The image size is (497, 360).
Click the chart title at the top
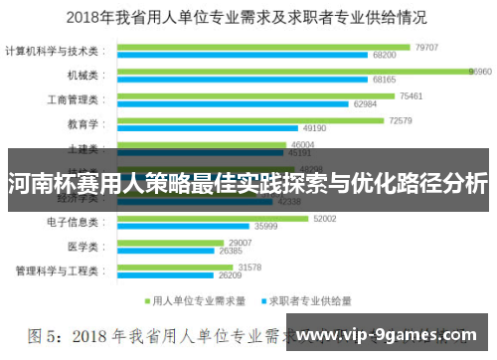point(248,17)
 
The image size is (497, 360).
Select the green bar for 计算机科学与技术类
point(263,47)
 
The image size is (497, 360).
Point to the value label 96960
point(481,72)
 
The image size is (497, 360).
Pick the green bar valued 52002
point(213,218)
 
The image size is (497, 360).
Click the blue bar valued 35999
point(185,227)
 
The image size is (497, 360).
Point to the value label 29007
point(241,243)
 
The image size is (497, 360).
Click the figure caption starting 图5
point(149,336)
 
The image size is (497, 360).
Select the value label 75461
point(411,95)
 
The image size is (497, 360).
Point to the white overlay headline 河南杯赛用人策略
point(248,184)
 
